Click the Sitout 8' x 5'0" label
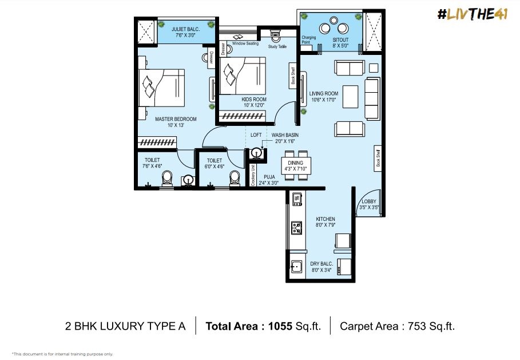(340, 43)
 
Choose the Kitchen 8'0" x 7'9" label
(326, 222)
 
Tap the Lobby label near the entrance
(369, 201)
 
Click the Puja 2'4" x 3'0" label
(269, 180)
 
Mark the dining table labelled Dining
(296, 165)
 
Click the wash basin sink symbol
(256, 153)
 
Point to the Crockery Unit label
(253, 175)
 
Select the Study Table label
(277, 47)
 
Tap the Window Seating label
(245, 43)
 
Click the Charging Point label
(308, 40)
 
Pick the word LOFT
(256, 135)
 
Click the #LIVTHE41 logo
(473, 14)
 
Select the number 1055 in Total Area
(280, 326)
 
